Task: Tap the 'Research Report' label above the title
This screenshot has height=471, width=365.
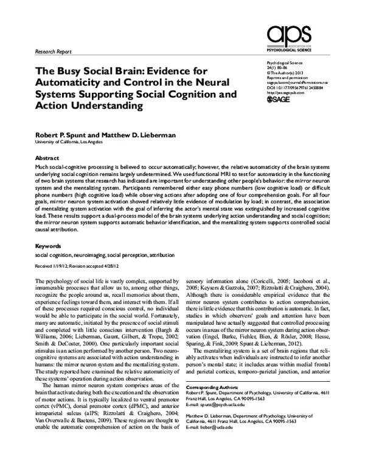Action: (x=52, y=52)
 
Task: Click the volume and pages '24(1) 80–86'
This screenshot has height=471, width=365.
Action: (x=280, y=67)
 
